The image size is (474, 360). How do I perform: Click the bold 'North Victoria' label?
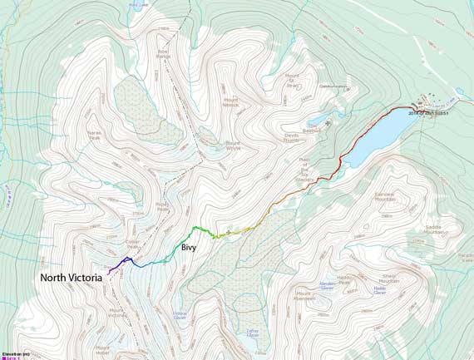(x=71, y=278)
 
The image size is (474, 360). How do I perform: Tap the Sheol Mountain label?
(x=388, y=280)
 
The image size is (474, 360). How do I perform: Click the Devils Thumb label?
(x=290, y=139)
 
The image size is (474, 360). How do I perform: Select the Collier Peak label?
(x=131, y=244)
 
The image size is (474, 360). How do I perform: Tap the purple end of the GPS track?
(x=109, y=272)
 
